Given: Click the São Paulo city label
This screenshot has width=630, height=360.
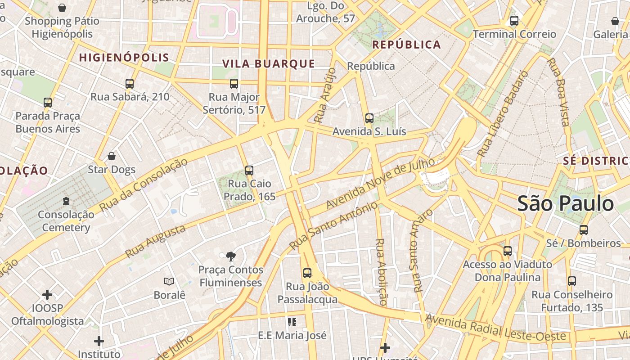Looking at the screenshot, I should pyautogui.click(x=565, y=204).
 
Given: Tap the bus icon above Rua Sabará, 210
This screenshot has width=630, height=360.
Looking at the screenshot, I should pyautogui.click(x=130, y=84).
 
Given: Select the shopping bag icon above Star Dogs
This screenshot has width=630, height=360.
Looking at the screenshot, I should pyautogui.click(x=112, y=156).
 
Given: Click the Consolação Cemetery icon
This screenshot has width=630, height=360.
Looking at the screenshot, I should pyautogui.click(x=66, y=201).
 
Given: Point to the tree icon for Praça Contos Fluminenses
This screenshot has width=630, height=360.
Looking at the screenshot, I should pyautogui.click(x=231, y=256).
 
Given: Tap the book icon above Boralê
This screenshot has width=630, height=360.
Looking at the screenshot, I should pyautogui.click(x=169, y=281).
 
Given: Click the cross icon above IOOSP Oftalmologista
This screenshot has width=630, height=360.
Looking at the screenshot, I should pyautogui.click(x=47, y=295).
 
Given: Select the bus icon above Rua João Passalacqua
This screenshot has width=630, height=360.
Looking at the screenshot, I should pyautogui.click(x=307, y=273).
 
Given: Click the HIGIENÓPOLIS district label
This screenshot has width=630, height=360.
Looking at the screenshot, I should pyautogui.click(x=124, y=58).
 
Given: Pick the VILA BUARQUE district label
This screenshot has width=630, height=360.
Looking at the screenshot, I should pyautogui.click(x=269, y=64).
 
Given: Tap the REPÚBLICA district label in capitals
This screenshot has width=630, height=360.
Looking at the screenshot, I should pyautogui.click(x=407, y=45).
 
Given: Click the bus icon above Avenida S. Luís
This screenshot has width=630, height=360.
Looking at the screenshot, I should pyautogui.click(x=369, y=118).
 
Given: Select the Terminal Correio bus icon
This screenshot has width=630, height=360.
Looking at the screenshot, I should pyautogui.click(x=514, y=21).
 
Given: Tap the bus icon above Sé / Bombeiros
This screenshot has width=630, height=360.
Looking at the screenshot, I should pyautogui.click(x=584, y=230).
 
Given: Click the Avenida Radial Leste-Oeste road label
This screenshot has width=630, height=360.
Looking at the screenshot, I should pyautogui.click(x=495, y=328).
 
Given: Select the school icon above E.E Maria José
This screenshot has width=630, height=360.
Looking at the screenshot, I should pyautogui.click(x=292, y=322).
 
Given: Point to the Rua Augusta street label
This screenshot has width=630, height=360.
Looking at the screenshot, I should pyautogui.click(x=155, y=242).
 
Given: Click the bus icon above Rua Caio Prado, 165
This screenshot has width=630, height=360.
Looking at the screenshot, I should pyautogui.click(x=249, y=171).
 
